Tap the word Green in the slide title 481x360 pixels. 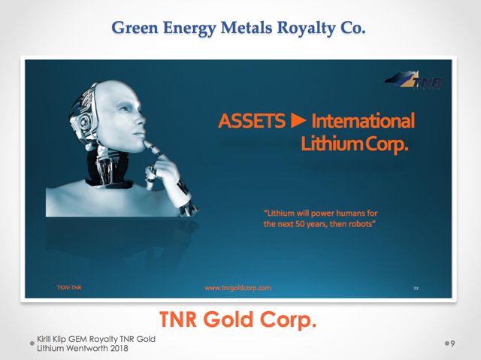[x=135, y=27]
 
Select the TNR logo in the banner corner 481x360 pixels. [x=413, y=80]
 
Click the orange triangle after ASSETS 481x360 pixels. [x=298, y=120]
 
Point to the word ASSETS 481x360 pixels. [x=252, y=120]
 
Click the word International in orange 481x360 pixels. [x=363, y=120]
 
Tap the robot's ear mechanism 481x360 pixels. [x=83, y=122]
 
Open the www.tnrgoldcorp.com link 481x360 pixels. [x=237, y=288]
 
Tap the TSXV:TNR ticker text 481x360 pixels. [x=69, y=288]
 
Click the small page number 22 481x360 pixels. [x=416, y=289]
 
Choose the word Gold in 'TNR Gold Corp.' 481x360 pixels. [x=228, y=319]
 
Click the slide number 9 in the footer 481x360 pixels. [x=452, y=343]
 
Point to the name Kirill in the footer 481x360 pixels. [x=44, y=339]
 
